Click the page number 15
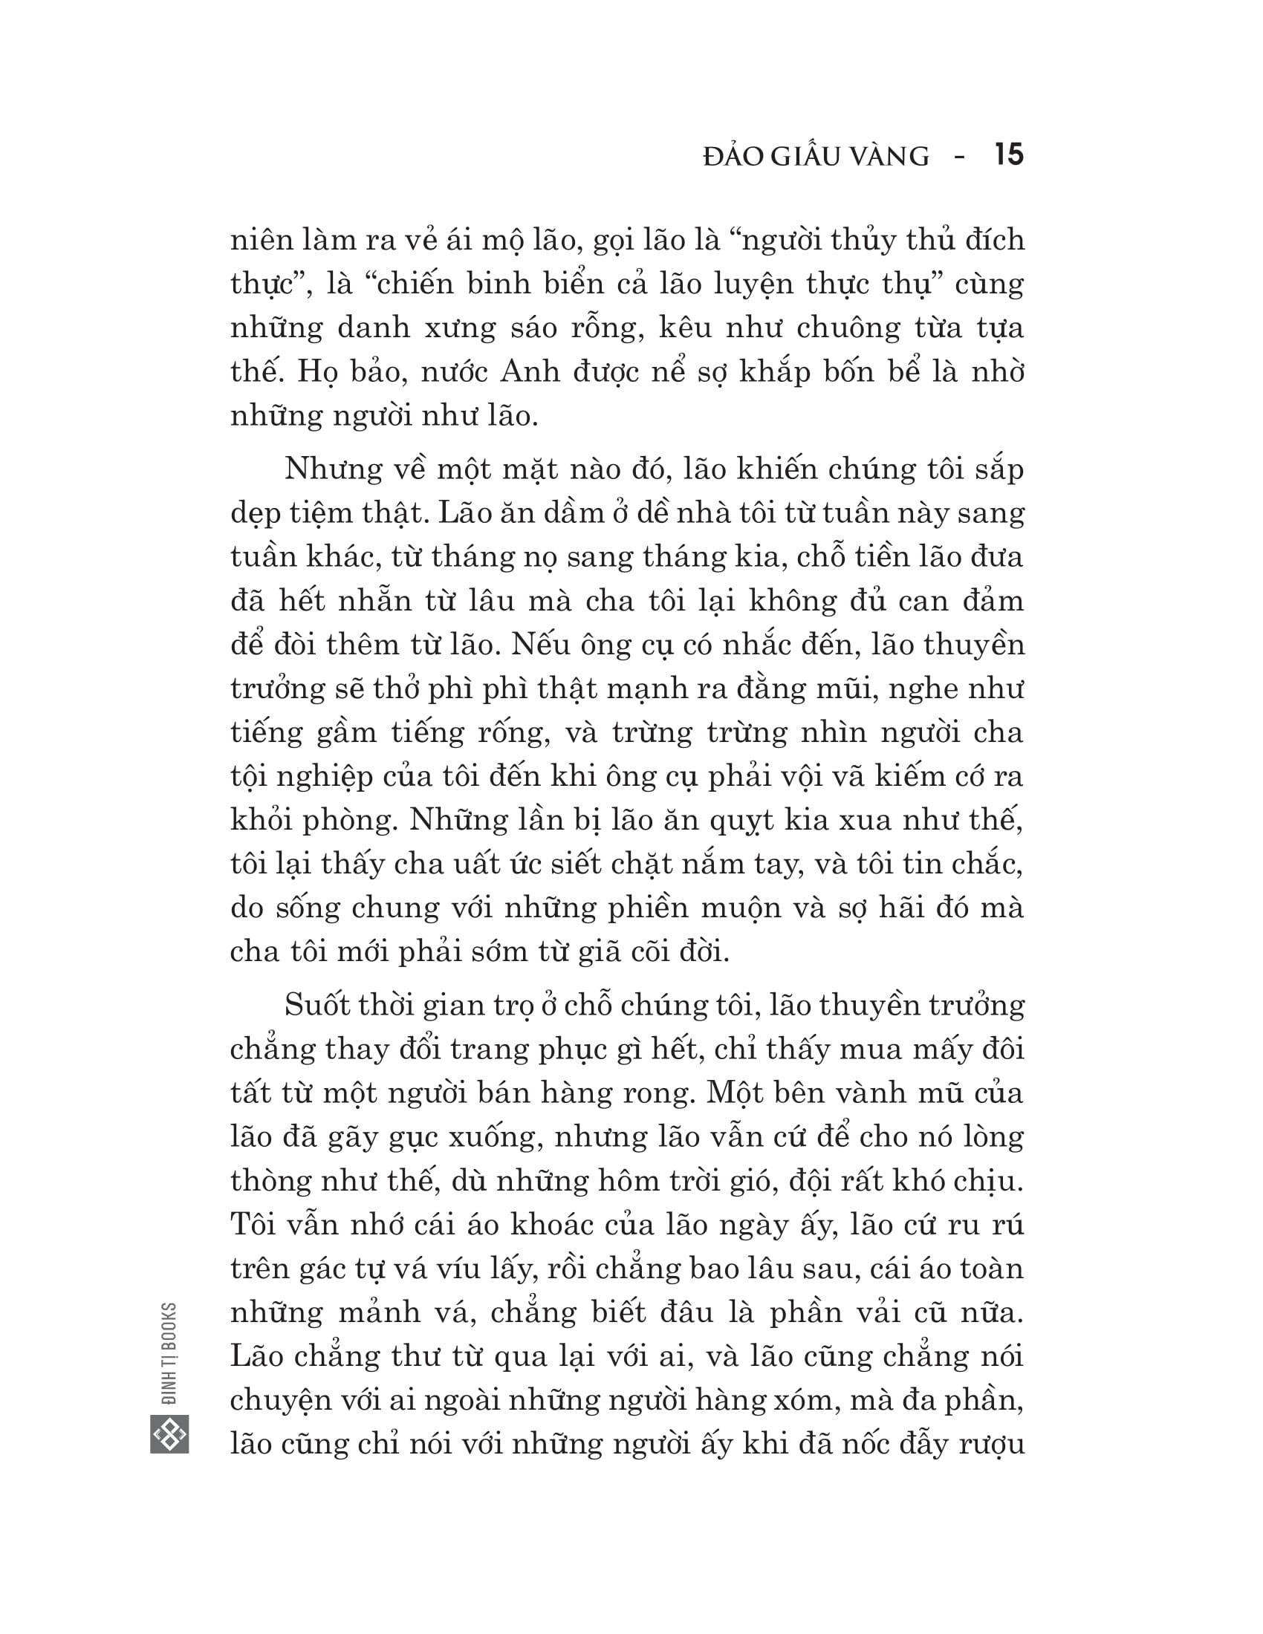click(1009, 156)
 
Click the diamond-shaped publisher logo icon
click(169, 1434)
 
